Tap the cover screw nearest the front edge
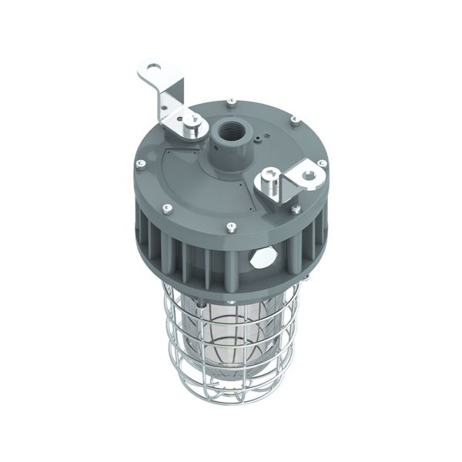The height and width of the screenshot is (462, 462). [x=231, y=226]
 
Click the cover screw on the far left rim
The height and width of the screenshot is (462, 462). [x=140, y=164]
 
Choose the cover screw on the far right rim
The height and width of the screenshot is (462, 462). [x=323, y=162]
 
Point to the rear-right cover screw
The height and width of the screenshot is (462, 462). [x=293, y=119]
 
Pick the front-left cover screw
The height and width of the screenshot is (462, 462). [x=166, y=206]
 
